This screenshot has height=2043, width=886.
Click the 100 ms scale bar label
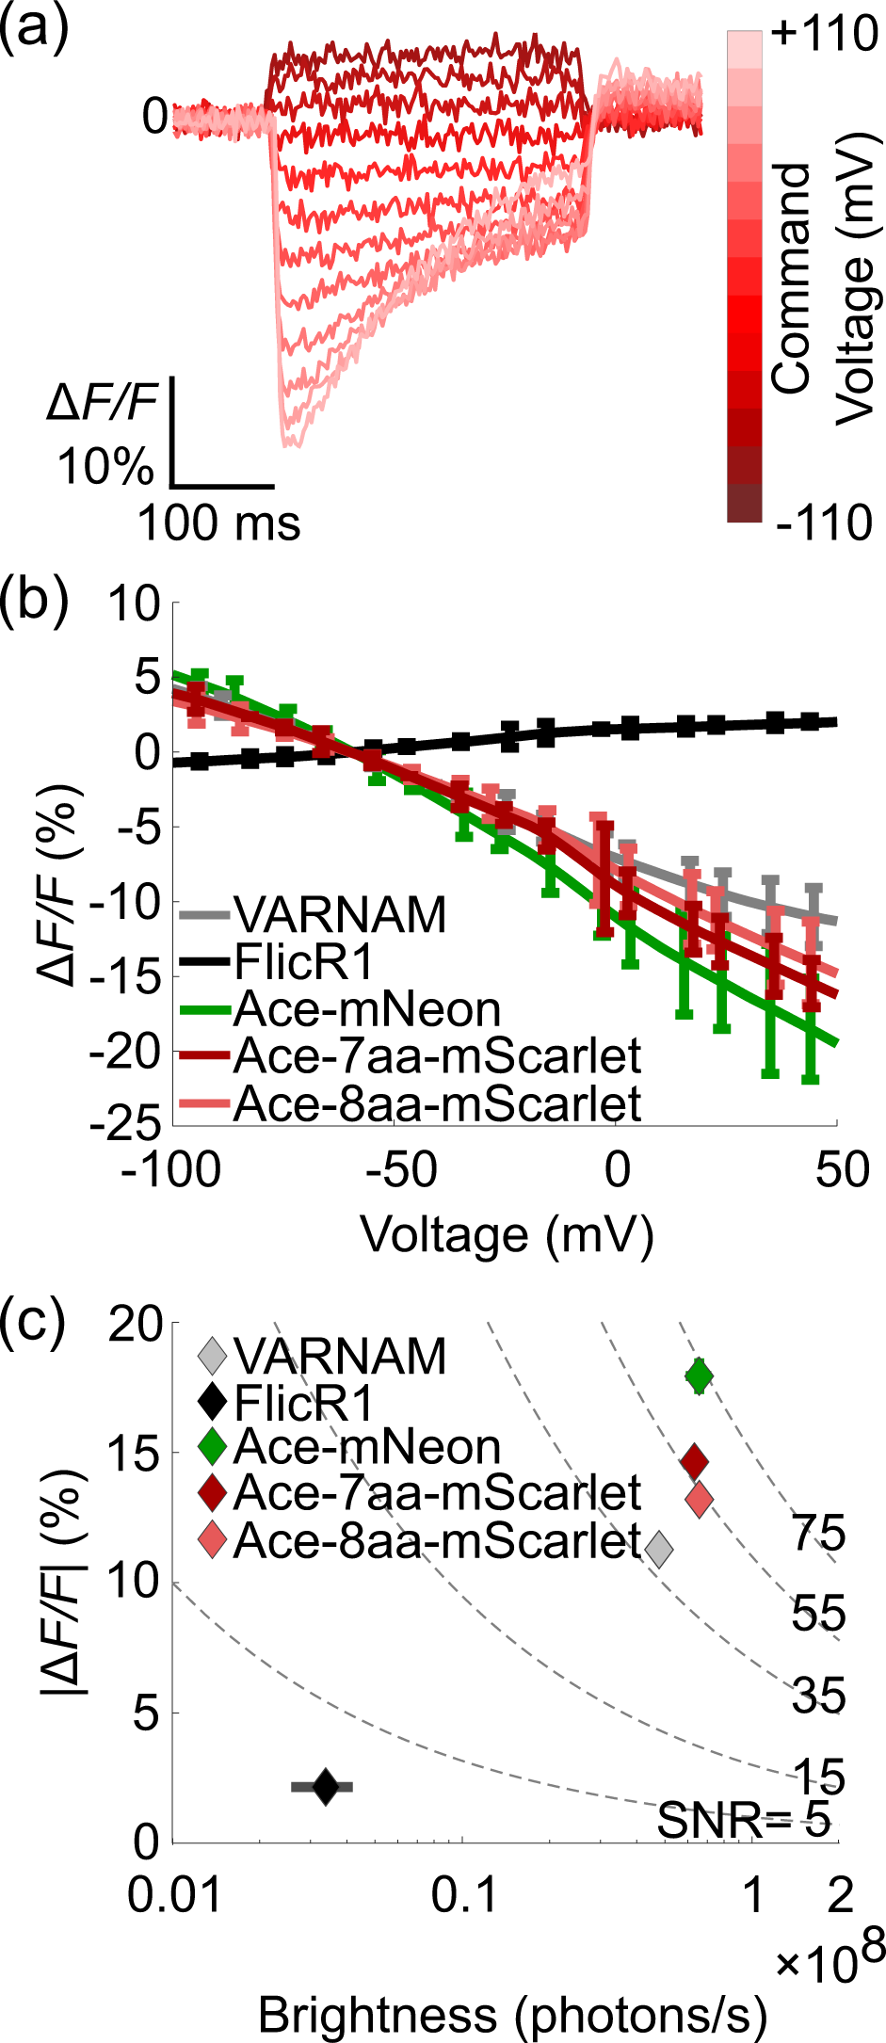(219, 523)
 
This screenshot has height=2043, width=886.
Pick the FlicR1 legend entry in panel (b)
(303, 962)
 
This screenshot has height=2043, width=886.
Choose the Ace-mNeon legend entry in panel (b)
(366, 1009)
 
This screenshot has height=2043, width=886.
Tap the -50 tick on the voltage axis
(400, 1170)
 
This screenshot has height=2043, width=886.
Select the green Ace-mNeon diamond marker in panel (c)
(699, 1376)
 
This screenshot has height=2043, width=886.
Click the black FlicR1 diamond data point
(325, 1786)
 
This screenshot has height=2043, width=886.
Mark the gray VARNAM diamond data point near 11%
(660, 1548)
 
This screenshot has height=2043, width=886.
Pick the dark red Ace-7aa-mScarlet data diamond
(694, 1462)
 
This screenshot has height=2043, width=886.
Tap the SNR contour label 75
(817, 1534)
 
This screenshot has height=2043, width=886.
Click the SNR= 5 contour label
(743, 1821)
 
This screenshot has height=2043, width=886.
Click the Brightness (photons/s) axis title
(512, 2015)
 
